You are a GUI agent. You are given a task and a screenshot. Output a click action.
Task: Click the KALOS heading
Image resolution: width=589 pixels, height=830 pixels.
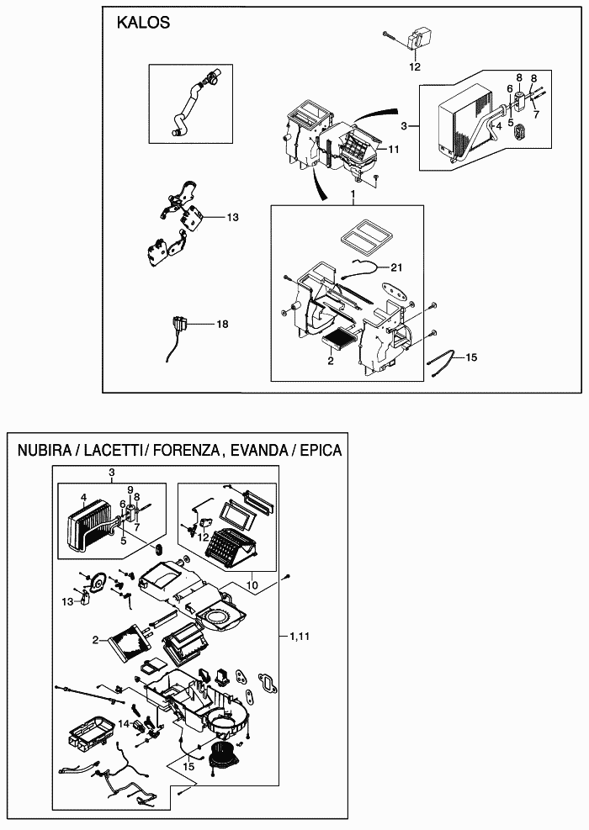coord(143,23)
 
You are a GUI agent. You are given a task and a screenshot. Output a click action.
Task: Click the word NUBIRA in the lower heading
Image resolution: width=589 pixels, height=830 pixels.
coord(44,450)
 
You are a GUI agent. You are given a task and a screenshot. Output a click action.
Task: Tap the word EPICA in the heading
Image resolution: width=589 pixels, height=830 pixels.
coord(316,450)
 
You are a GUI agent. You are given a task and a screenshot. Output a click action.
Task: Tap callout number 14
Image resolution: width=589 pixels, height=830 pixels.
coord(123,723)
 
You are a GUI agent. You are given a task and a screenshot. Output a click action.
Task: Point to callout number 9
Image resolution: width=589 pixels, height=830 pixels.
coord(130,489)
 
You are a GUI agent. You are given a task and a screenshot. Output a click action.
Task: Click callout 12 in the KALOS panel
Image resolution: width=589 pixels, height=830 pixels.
coord(415,66)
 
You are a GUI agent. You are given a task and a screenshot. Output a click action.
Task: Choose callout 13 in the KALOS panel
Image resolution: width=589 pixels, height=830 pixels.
coord(232,217)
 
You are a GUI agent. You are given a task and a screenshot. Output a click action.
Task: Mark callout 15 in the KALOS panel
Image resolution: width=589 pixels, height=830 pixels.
coord(471,357)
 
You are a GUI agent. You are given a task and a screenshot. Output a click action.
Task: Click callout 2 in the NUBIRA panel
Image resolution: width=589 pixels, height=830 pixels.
coord(97,640)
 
